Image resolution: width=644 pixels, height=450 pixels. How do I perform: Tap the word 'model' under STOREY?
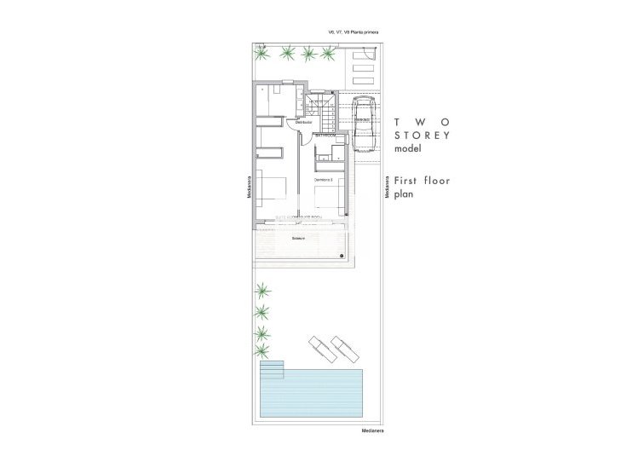407,148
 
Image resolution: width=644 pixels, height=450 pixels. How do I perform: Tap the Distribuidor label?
304,123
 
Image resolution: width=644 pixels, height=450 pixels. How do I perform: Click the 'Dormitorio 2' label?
324,180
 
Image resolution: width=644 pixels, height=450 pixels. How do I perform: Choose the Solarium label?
298,238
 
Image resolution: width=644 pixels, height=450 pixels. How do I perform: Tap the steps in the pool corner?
272,370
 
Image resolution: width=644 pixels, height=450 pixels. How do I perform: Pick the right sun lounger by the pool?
345,348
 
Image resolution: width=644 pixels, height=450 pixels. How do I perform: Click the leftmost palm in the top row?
262,54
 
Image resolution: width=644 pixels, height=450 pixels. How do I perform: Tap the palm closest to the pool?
262,349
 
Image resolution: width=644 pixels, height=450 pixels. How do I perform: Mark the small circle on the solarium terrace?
340,256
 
